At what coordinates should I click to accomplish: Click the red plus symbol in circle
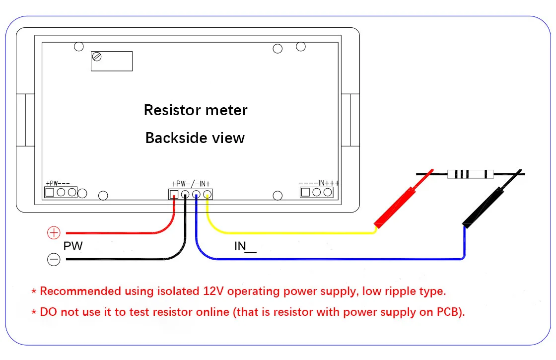[x=54, y=232]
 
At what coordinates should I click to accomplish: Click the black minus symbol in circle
[x=54, y=259]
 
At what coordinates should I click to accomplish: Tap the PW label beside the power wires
[x=73, y=246]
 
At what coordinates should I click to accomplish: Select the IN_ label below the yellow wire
[x=245, y=246]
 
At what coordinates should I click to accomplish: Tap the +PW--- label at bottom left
[x=58, y=183]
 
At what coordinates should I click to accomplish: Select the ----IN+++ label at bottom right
[x=319, y=183]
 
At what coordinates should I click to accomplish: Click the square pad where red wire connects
[x=174, y=194]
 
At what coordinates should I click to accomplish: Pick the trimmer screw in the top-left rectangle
[x=97, y=57]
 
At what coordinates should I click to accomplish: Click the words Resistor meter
[x=195, y=110]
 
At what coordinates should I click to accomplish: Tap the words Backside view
[x=195, y=138]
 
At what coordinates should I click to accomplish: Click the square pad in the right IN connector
[x=306, y=192]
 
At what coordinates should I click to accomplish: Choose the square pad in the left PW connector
[x=50, y=192]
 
